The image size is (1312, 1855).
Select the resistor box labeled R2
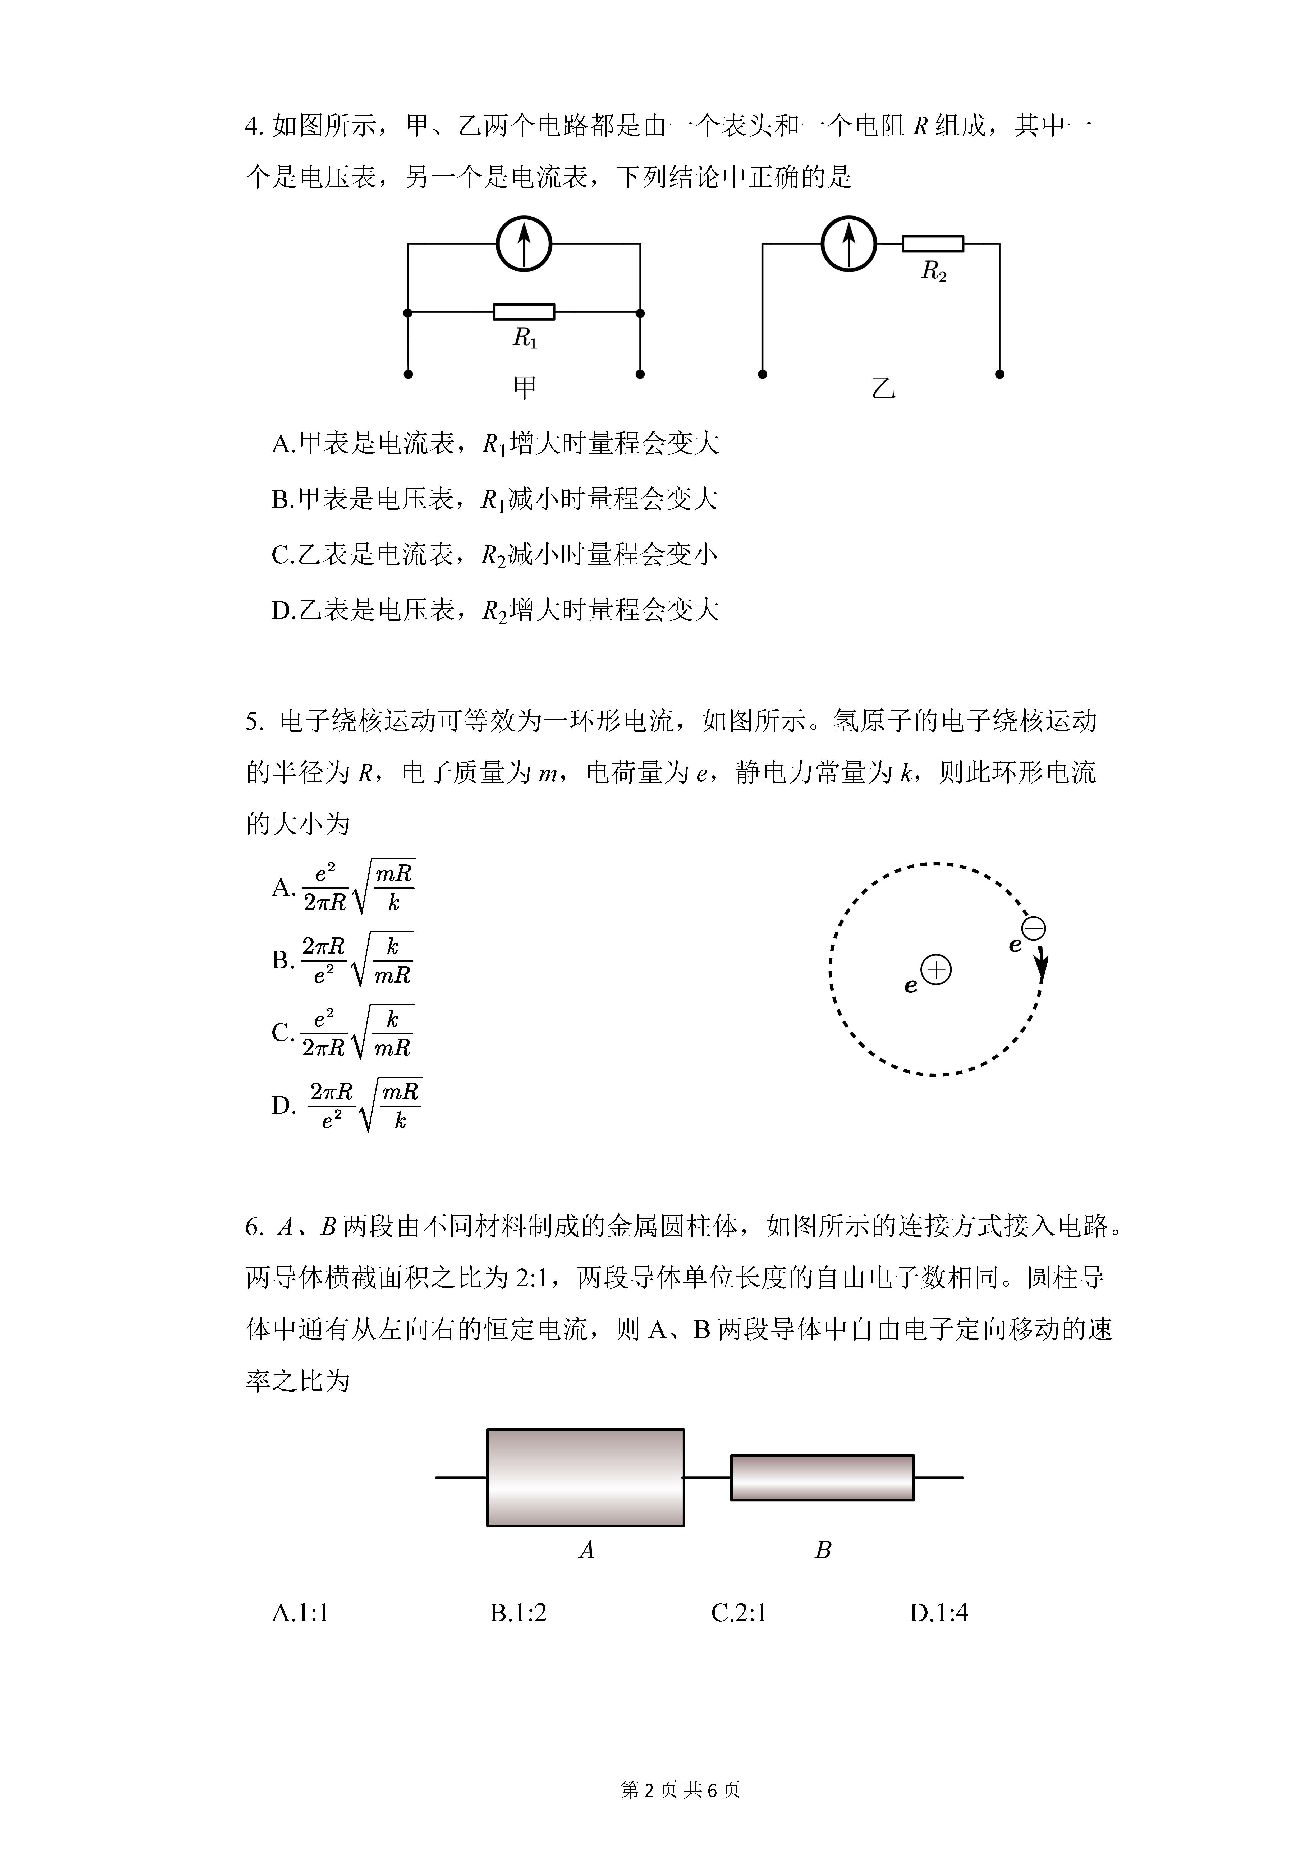click(933, 243)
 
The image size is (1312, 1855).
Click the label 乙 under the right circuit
click(884, 389)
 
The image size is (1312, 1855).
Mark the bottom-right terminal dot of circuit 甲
click(640, 374)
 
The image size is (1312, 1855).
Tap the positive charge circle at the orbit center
click(936, 969)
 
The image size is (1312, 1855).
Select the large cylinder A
click(586, 1478)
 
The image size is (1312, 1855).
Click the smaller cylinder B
click(822, 1478)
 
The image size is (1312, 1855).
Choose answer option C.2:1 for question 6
click(738, 1613)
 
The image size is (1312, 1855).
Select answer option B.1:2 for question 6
click(518, 1613)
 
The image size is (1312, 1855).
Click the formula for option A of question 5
click(358, 887)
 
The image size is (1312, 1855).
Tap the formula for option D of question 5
click(365, 1105)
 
